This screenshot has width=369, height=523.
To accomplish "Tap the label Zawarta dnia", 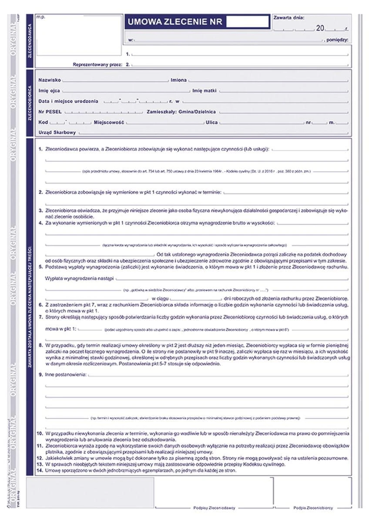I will pos(289,17).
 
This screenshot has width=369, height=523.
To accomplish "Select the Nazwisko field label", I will pos(50,80).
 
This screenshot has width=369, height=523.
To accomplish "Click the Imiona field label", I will pos(179,80).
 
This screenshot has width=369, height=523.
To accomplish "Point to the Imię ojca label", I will pos(49,91).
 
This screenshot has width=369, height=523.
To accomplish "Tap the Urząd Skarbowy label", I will pos(57,132).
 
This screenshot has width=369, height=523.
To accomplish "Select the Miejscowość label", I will pos(109,122).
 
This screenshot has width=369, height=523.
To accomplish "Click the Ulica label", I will pos(211,122).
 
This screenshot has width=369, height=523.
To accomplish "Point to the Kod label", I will pos(43,122).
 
